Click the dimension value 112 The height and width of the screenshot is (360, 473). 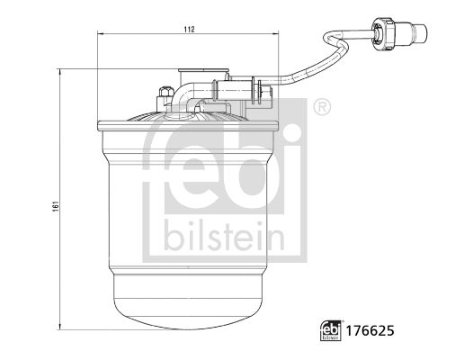(190, 30)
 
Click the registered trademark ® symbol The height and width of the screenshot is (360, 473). (320, 108)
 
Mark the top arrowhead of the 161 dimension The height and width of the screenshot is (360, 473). (60, 68)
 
